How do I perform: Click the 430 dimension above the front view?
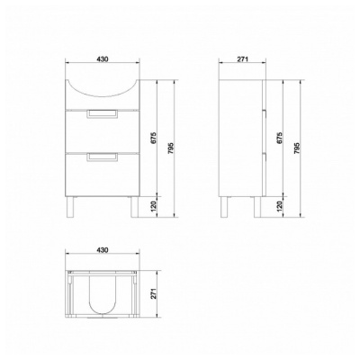pos(103,59)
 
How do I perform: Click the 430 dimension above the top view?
pos(103,249)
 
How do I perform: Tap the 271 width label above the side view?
pos(242,59)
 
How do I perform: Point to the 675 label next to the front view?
pos(154,138)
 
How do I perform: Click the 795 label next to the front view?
pos(171,148)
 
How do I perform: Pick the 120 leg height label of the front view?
pos(154,207)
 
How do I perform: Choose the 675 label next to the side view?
pos(280,138)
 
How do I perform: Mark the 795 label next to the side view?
pos(297,148)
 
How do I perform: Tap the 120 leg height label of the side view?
pos(280,207)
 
